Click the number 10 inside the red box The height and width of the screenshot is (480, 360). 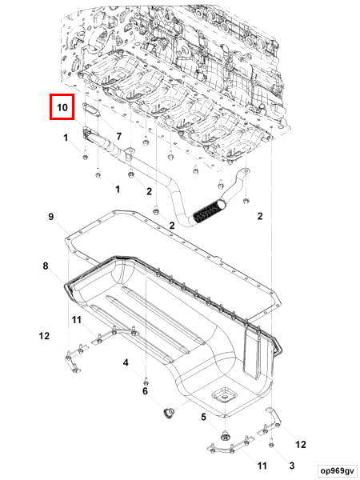point(62,107)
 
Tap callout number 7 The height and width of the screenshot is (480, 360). point(118,137)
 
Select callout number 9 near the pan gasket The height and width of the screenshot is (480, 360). point(51,217)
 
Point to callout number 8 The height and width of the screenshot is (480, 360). point(46,266)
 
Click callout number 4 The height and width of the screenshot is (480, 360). point(126,363)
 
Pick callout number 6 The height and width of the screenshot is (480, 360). point(145,391)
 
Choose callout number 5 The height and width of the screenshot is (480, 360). point(203,417)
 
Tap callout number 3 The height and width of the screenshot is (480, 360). point(292,466)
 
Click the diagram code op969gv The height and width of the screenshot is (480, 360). point(337,470)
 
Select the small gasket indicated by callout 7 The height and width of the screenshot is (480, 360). point(92,110)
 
